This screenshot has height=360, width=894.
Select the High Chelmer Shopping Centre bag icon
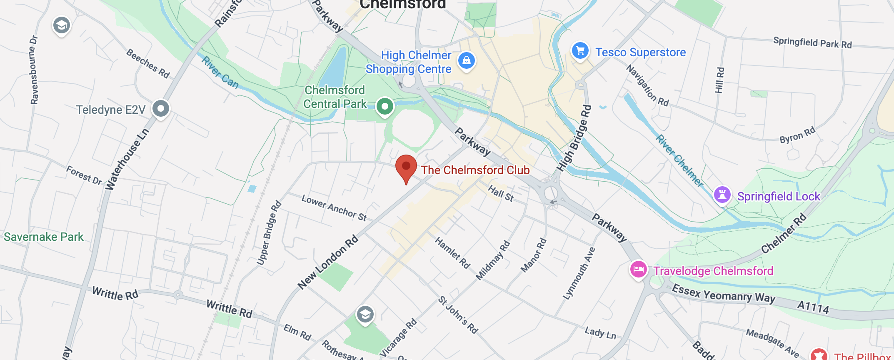(467, 61)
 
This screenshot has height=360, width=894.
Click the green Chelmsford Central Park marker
(385, 107)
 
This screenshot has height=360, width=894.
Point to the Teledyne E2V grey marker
(161, 109)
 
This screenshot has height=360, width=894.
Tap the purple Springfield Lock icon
(722, 195)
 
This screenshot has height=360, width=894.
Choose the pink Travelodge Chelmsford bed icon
(638, 270)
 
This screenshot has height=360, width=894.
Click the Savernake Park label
(44, 237)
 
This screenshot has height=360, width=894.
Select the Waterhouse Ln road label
(127, 160)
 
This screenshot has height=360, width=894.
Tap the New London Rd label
(328, 262)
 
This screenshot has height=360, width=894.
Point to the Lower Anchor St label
(334, 208)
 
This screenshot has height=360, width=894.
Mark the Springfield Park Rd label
(812, 42)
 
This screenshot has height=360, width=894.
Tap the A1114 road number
(813, 307)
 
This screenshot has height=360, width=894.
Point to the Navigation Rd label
(648, 85)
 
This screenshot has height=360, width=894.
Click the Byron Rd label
(797, 135)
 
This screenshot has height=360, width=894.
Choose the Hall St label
(501, 193)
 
